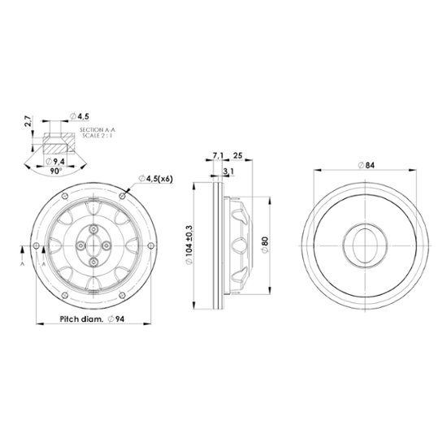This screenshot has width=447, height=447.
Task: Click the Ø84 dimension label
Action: pos(367,165)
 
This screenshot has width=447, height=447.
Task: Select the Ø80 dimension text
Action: pos(265,245)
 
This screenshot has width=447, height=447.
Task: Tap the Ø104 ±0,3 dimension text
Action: pos(189,245)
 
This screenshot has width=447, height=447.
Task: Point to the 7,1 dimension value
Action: pos(219,156)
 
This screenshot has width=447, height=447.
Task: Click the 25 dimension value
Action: pos(238,155)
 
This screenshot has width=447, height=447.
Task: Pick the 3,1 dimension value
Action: pos(228,171)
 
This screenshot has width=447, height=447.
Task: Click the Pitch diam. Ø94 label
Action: pos(92,319)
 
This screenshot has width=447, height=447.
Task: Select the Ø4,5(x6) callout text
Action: pos(156,179)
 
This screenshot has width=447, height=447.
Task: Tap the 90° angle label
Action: pos(56,171)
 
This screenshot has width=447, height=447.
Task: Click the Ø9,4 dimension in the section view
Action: pos(55,162)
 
